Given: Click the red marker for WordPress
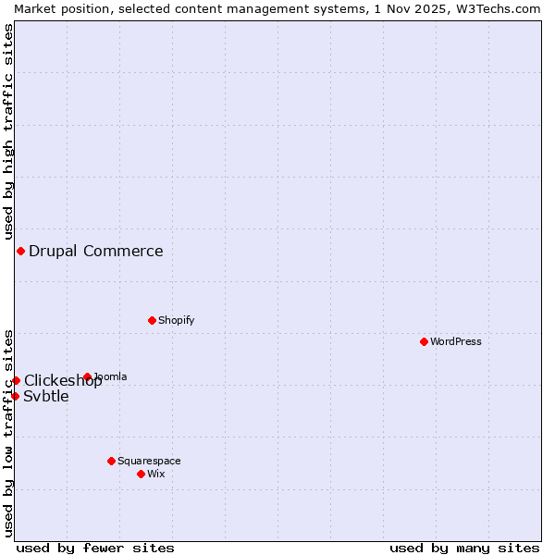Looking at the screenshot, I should [424, 341].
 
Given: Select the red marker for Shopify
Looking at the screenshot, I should [152, 320].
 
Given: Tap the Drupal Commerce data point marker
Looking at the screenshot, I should [20, 251].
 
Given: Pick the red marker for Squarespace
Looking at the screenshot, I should [111, 461].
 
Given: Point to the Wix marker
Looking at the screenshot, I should [141, 474].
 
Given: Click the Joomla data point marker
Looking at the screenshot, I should [87, 376].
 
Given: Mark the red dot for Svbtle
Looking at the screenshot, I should [15, 396].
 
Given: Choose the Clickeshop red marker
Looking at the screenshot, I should [16, 380].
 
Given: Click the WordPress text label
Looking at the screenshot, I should [456, 341].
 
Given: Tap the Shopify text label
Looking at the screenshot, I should [177, 320].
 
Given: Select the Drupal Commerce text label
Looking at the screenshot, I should [96, 251].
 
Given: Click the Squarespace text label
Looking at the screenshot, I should [149, 461].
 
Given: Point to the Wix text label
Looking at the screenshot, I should [156, 474].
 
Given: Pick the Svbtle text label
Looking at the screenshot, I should [46, 397].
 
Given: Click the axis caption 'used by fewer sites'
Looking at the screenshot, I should [95, 548].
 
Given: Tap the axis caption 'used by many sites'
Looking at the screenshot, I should [464, 548].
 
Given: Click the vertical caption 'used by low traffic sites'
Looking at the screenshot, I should [8, 433].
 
